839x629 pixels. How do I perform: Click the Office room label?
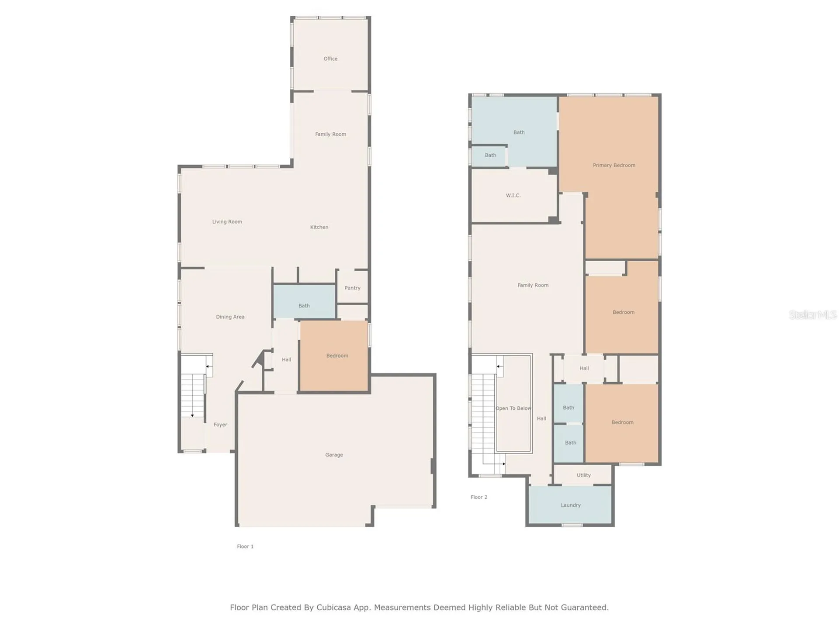tap(330, 59)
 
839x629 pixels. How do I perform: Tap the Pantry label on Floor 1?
tap(352, 288)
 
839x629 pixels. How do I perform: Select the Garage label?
tap(334, 455)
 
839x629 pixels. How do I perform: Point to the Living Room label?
tap(227, 221)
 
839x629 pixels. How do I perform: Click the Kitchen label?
tap(319, 227)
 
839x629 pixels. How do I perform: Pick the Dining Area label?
tap(230, 317)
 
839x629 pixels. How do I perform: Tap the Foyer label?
tap(220, 425)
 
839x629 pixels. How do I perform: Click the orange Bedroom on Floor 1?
tap(334, 356)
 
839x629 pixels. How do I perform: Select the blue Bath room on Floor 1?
tap(304, 301)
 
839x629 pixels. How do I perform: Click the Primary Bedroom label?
tap(614, 165)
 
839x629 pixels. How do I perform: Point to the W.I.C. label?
tap(513, 195)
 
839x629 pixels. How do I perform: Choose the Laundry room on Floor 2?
tap(570, 505)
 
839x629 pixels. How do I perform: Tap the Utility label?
tap(583, 475)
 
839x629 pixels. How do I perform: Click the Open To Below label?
tap(513, 408)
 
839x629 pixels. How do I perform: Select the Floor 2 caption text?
tap(479, 497)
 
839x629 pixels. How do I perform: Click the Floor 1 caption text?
tap(245, 546)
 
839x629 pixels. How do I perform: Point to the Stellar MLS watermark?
tap(813, 314)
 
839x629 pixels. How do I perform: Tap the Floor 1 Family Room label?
tap(330, 134)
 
